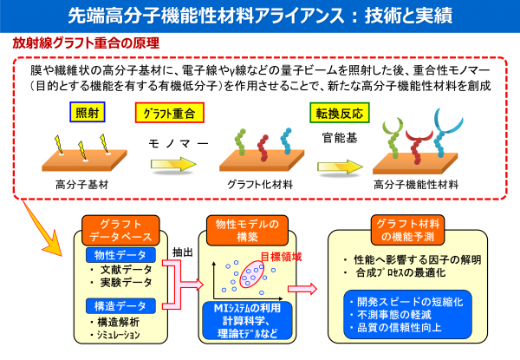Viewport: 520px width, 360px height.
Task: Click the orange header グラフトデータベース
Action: coord(121,229)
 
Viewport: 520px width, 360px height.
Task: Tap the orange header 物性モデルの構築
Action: coord(248,229)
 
